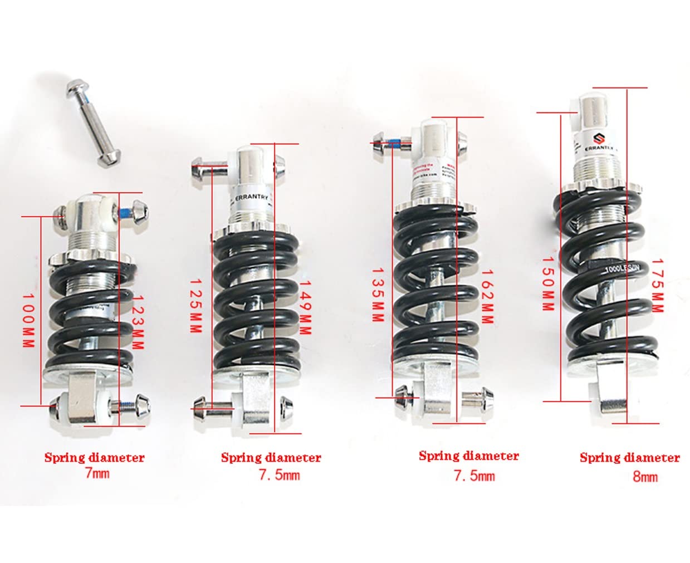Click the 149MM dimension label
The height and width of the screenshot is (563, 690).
point(305,306)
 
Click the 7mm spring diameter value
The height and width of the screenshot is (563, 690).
point(97,473)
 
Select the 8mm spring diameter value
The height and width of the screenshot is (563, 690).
point(645,476)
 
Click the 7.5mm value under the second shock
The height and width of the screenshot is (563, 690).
point(279,475)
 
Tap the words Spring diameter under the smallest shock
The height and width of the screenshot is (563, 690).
point(95,458)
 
